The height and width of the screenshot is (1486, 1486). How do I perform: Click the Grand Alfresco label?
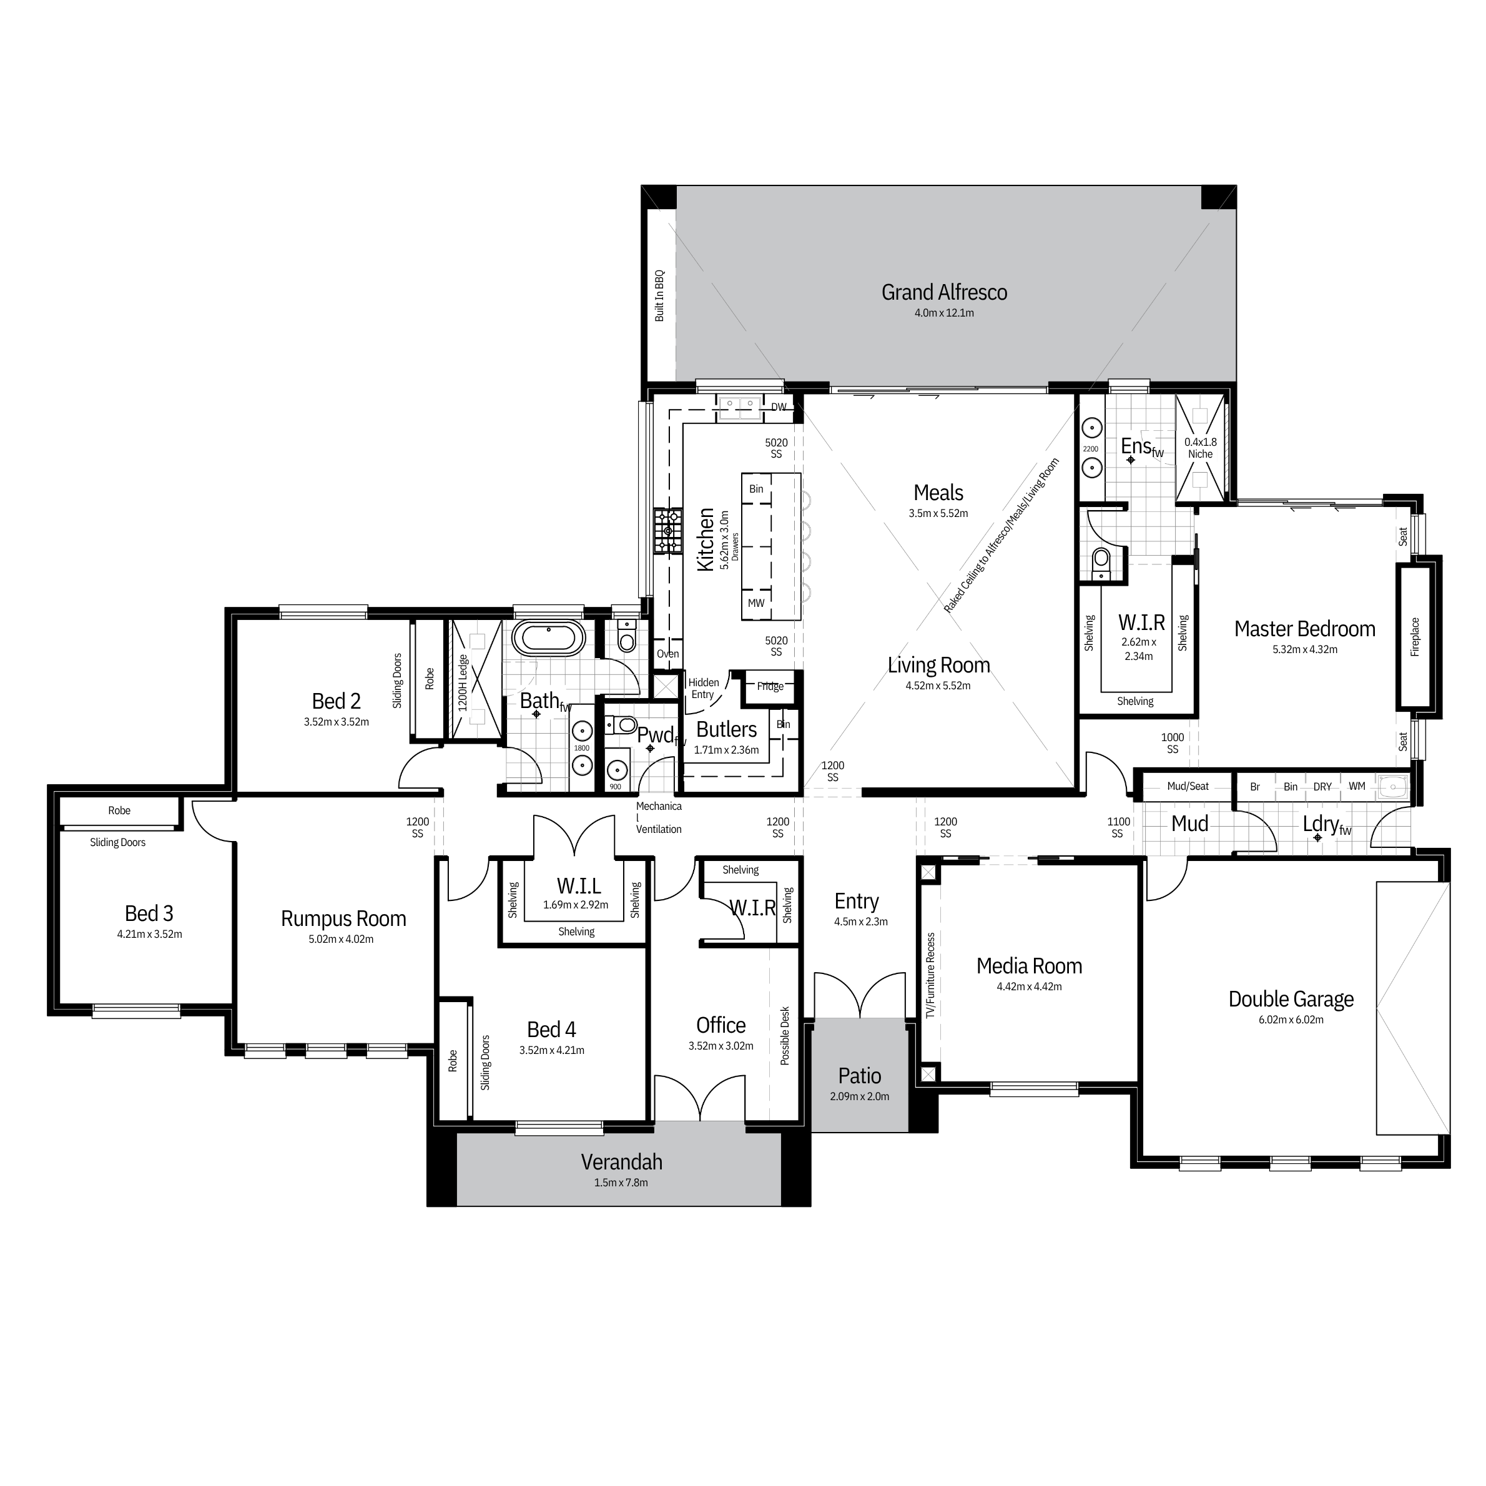click(x=944, y=292)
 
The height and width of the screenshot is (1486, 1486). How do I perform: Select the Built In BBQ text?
click(x=659, y=295)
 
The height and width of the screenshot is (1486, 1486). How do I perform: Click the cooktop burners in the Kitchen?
click(x=667, y=531)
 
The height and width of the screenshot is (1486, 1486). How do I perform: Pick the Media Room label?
click(x=1029, y=966)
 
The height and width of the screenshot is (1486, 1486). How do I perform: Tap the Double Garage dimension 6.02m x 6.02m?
click(x=1291, y=1020)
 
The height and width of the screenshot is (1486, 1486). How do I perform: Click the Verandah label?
click(x=621, y=1161)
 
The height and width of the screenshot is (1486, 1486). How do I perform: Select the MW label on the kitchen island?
click(x=756, y=603)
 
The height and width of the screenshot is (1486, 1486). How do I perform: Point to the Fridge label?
click(x=770, y=686)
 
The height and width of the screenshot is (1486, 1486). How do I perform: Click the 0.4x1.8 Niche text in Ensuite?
click(x=1200, y=448)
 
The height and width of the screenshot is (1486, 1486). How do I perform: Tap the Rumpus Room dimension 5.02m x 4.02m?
click(x=341, y=939)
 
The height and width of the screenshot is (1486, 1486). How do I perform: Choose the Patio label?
click(x=860, y=1076)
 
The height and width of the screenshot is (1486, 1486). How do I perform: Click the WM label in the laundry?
click(x=1357, y=786)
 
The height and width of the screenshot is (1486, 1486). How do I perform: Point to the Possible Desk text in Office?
click(x=785, y=1035)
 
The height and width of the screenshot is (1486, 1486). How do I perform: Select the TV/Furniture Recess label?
click(x=931, y=976)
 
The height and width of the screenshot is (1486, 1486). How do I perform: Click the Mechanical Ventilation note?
click(x=658, y=817)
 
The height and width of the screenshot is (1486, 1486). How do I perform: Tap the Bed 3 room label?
click(x=149, y=913)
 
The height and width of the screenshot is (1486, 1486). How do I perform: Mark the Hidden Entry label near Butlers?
click(x=703, y=689)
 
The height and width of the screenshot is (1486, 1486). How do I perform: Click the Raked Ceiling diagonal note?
click(x=1001, y=534)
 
